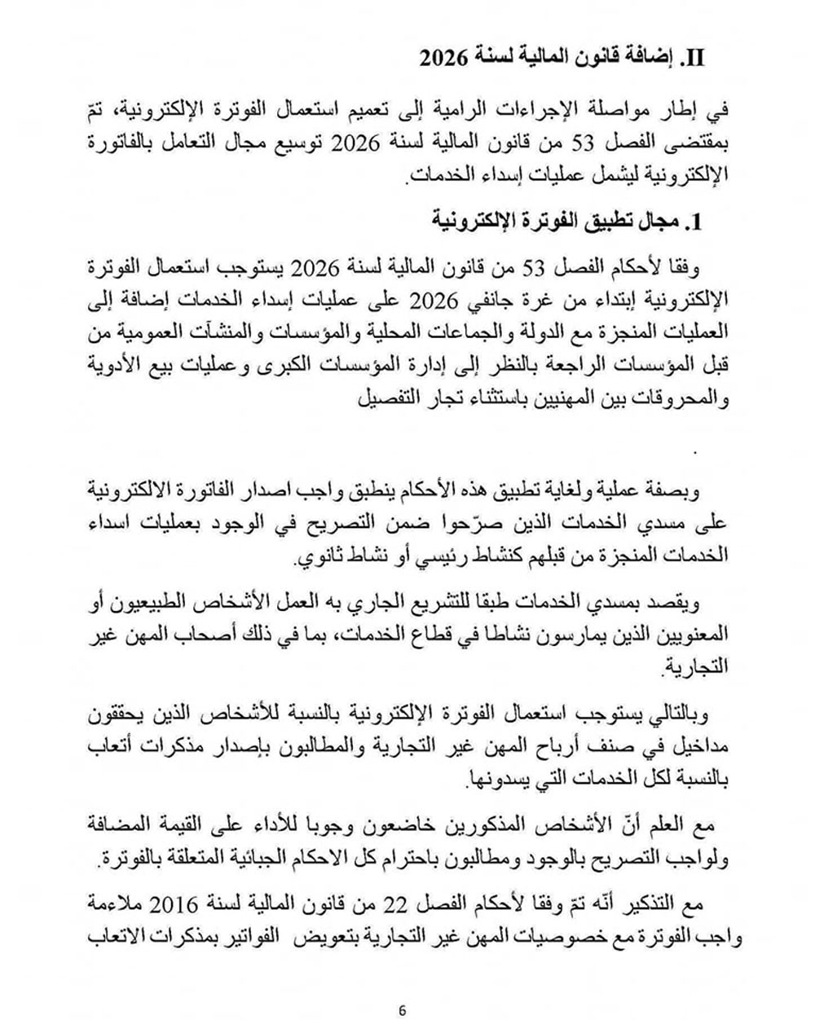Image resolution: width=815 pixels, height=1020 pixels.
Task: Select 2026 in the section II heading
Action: (x=441, y=59)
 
